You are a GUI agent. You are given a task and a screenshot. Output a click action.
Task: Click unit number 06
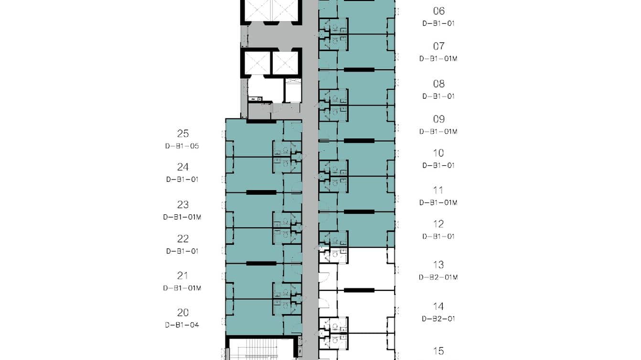pos(438,11)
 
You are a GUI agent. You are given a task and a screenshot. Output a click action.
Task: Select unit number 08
pos(438,84)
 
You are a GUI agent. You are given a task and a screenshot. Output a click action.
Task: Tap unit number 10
pos(438,153)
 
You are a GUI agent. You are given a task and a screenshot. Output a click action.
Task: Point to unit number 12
pos(438,224)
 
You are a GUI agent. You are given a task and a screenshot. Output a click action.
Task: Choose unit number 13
pos(438,265)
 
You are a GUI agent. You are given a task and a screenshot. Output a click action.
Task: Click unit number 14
pos(438,307)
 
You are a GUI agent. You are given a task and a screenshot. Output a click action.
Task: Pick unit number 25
pos(183,134)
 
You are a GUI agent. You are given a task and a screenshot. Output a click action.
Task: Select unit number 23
pos(183,205)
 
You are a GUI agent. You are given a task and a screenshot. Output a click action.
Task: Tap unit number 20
pos(183,313)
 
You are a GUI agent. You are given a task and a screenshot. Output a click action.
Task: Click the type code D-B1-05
pos(182,146)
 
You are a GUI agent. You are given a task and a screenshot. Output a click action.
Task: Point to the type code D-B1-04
pos(182,325)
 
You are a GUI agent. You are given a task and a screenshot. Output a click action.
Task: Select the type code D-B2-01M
pos(438,277)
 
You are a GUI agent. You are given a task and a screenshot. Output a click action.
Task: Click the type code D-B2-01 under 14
pos(438,318)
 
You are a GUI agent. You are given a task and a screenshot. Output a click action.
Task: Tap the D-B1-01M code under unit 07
pos(438,59)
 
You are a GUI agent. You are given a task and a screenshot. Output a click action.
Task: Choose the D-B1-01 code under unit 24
pos(182,180)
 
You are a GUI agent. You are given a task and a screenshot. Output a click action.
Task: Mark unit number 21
pos(182,275)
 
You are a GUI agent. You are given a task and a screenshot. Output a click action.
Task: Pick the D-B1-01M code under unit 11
pos(438,203)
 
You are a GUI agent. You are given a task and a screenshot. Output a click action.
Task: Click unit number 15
pos(438,351)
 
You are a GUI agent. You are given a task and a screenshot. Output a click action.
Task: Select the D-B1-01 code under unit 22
pos(182,251)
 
